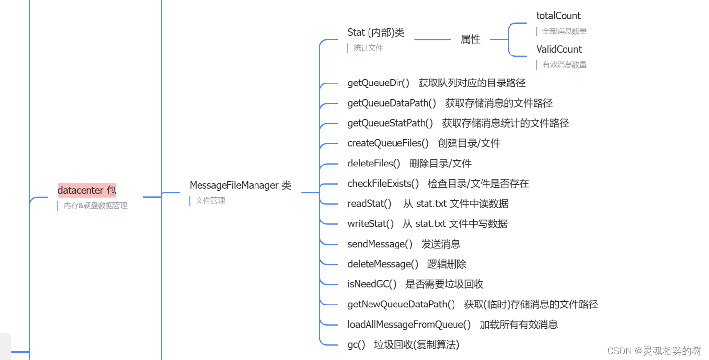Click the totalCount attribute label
(x=558, y=16)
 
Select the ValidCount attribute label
(x=559, y=49)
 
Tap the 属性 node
(x=470, y=40)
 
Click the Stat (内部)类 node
(x=376, y=32)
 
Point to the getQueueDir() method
(x=378, y=83)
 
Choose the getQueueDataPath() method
(x=392, y=103)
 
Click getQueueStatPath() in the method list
(x=390, y=123)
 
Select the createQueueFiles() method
(x=388, y=143)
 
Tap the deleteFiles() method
(x=374, y=164)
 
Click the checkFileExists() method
(x=383, y=184)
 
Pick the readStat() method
(x=369, y=204)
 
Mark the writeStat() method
(x=370, y=224)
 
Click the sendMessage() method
(x=380, y=244)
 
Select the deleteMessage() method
(x=383, y=264)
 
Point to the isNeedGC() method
(x=372, y=284)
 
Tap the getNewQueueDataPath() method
(x=401, y=305)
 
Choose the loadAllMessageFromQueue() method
(x=409, y=325)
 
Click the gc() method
(x=356, y=345)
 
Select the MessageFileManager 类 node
(x=240, y=185)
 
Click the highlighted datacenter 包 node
(x=87, y=190)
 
